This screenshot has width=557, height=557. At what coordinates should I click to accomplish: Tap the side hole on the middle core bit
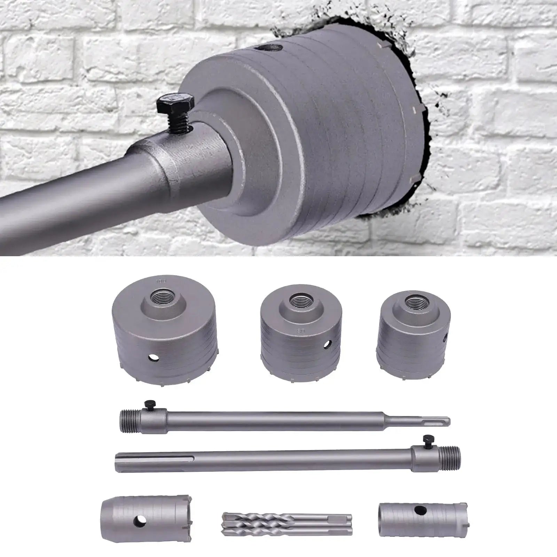327,345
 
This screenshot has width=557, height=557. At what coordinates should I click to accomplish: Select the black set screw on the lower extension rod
425,440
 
